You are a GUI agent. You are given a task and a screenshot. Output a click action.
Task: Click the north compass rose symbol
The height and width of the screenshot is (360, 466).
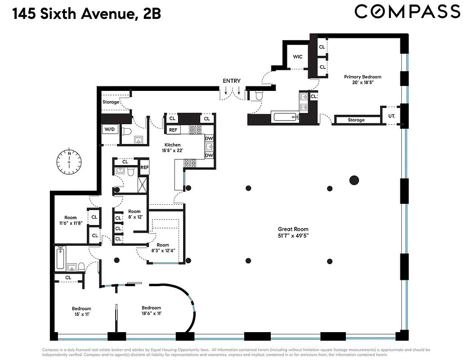(69, 162)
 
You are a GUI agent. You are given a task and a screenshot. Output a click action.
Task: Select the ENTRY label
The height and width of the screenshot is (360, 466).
(232, 81)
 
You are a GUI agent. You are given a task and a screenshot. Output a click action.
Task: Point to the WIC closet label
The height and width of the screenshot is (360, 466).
(297, 57)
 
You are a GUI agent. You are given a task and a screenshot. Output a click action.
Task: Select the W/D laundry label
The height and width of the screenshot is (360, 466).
(109, 129)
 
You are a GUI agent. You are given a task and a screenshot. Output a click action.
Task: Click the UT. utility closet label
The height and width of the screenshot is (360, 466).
(391, 116)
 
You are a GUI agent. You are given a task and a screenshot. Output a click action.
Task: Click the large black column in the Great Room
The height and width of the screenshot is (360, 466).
(354, 180)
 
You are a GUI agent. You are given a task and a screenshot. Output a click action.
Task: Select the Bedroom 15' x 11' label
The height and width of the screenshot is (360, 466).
(81, 312)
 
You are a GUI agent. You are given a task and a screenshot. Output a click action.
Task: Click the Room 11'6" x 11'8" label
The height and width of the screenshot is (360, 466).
(70, 220)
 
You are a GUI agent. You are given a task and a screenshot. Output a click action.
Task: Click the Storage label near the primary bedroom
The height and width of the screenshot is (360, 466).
(356, 120)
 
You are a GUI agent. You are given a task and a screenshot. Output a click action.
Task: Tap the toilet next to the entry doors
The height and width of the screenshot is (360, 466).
(259, 95)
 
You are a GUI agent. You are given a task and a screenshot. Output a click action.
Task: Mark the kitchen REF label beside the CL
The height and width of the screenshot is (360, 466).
(172, 130)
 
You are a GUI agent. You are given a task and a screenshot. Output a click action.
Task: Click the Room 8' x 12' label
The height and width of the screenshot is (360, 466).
(134, 214)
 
